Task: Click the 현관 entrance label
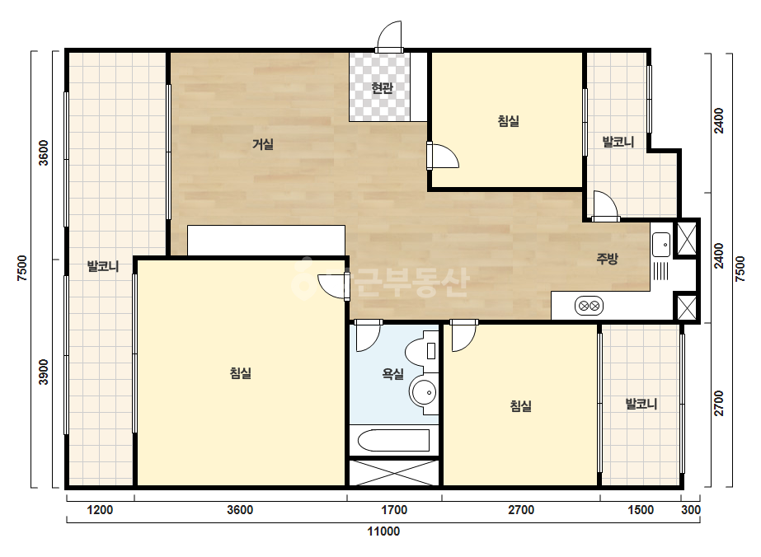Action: tap(382, 88)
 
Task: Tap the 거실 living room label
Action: tap(263, 144)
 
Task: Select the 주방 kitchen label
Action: tap(607, 259)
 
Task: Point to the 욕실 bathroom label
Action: tap(393, 373)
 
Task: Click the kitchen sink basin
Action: tap(661, 245)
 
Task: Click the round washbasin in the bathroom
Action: tap(423, 392)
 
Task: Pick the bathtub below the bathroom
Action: tap(393, 441)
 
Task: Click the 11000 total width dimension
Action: tap(383, 531)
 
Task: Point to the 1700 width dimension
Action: tap(394, 510)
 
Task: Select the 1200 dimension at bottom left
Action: tap(100, 510)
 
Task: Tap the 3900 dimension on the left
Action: tap(44, 372)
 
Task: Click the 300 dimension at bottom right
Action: tap(691, 510)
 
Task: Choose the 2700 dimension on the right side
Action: tap(719, 403)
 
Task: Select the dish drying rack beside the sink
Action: tap(661, 271)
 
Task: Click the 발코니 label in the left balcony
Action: tap(103, 266)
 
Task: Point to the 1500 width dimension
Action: tap(641, 510)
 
